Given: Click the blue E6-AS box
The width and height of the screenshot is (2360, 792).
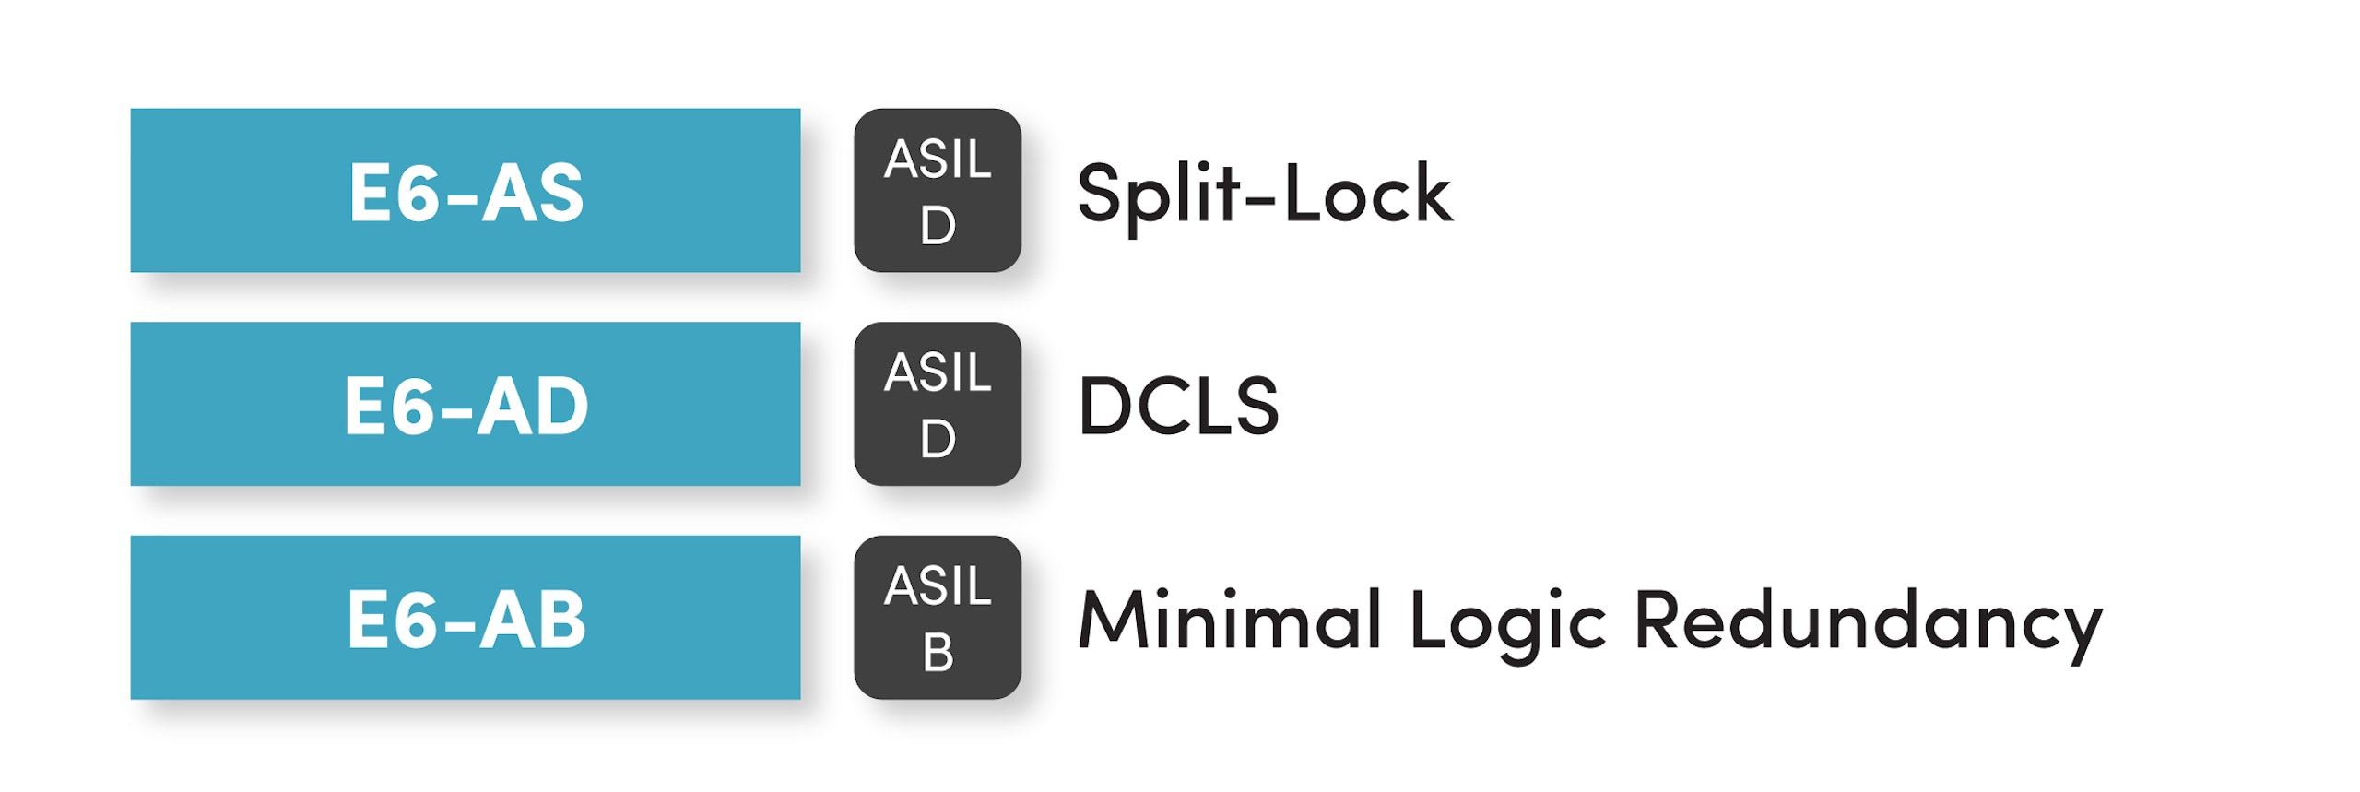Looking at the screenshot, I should (x=465, y=191).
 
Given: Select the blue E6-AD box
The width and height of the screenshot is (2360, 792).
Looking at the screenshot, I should (x=465, y=404).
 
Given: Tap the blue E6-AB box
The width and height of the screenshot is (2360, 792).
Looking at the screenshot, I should (x=465, y=618).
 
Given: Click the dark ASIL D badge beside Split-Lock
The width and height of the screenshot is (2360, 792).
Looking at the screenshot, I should (x=937, y=191).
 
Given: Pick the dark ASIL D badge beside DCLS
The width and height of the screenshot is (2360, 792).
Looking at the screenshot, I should (x=937, y=404).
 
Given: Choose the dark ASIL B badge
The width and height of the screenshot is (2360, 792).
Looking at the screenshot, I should (x=937, y=618).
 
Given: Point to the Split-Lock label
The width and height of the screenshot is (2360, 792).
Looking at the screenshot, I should (x=1264, y=195).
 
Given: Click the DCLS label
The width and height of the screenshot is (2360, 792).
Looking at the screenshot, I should (x=1178, y=406).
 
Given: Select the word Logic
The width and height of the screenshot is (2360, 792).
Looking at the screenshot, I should (x=1508, y=622).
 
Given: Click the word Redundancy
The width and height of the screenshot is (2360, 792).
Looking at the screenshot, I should (x=1868, y=622).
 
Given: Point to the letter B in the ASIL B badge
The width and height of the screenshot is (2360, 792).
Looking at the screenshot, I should (x=938, y=653).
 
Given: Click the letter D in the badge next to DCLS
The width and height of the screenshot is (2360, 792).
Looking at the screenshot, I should (x=938, y=439).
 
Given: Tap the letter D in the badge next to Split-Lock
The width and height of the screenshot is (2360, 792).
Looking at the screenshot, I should (x=938, y=225).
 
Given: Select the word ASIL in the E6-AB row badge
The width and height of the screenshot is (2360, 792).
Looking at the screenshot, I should (x=938, y=585).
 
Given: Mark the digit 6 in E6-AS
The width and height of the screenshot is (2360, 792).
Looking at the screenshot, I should (x=419, y=192).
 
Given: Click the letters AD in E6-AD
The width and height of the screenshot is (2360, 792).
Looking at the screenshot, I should (x=532, y=406).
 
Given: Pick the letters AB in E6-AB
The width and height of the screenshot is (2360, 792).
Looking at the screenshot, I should (x=532, y=620).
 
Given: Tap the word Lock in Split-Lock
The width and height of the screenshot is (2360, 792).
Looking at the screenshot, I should (x=1368, y=194).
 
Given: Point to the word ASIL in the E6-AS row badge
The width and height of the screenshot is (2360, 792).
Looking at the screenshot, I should (x=938, y=159).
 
